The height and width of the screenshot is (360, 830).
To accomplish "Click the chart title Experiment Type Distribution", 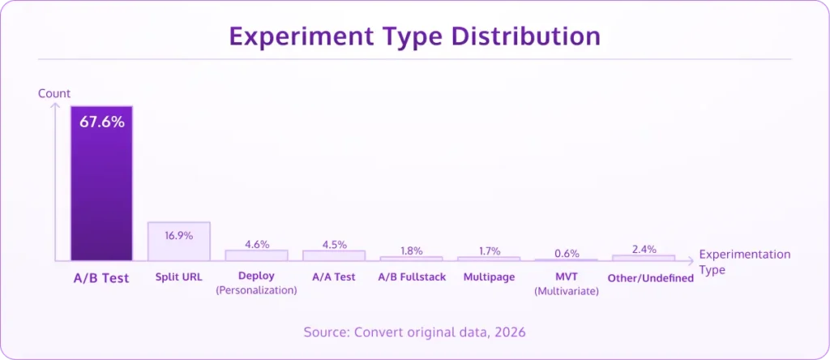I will click(x=414, y=37).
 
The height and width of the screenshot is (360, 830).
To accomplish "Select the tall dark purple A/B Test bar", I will click(x=101, y=195).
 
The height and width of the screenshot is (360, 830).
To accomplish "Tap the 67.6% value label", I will click(x=101, y=122).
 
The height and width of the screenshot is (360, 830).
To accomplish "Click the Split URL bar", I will click(x=178, y=241).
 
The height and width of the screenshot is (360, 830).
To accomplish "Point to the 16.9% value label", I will click(x=178, y=236).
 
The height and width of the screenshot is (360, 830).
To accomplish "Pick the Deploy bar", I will click(x=256, y=255).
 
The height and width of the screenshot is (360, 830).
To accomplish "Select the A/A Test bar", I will click(x=334, y=255).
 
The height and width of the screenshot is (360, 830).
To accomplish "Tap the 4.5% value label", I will click(x=334, y=244).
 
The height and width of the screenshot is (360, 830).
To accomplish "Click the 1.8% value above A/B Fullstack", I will click(x=412, y=251).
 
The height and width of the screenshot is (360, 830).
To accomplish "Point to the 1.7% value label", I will click(x=489, y=251).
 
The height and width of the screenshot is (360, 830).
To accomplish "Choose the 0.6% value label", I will click(x=567, y=253).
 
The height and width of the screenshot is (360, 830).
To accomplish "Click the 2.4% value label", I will click(x=644, y=249).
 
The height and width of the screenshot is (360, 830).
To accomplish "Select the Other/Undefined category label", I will click(x=650, y=277).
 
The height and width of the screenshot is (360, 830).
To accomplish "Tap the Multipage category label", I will click(x=489, y=276).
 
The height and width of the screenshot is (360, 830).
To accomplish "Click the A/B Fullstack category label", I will click(x=412, y=276).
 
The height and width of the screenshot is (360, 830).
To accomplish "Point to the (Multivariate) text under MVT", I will click(x=567, y=291).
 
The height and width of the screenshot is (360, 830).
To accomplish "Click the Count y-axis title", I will click(x=54, y=93).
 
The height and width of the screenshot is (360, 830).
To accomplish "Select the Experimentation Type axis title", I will click(x=744, y=261).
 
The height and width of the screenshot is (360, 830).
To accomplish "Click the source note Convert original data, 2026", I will click(x=414, y=332).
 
